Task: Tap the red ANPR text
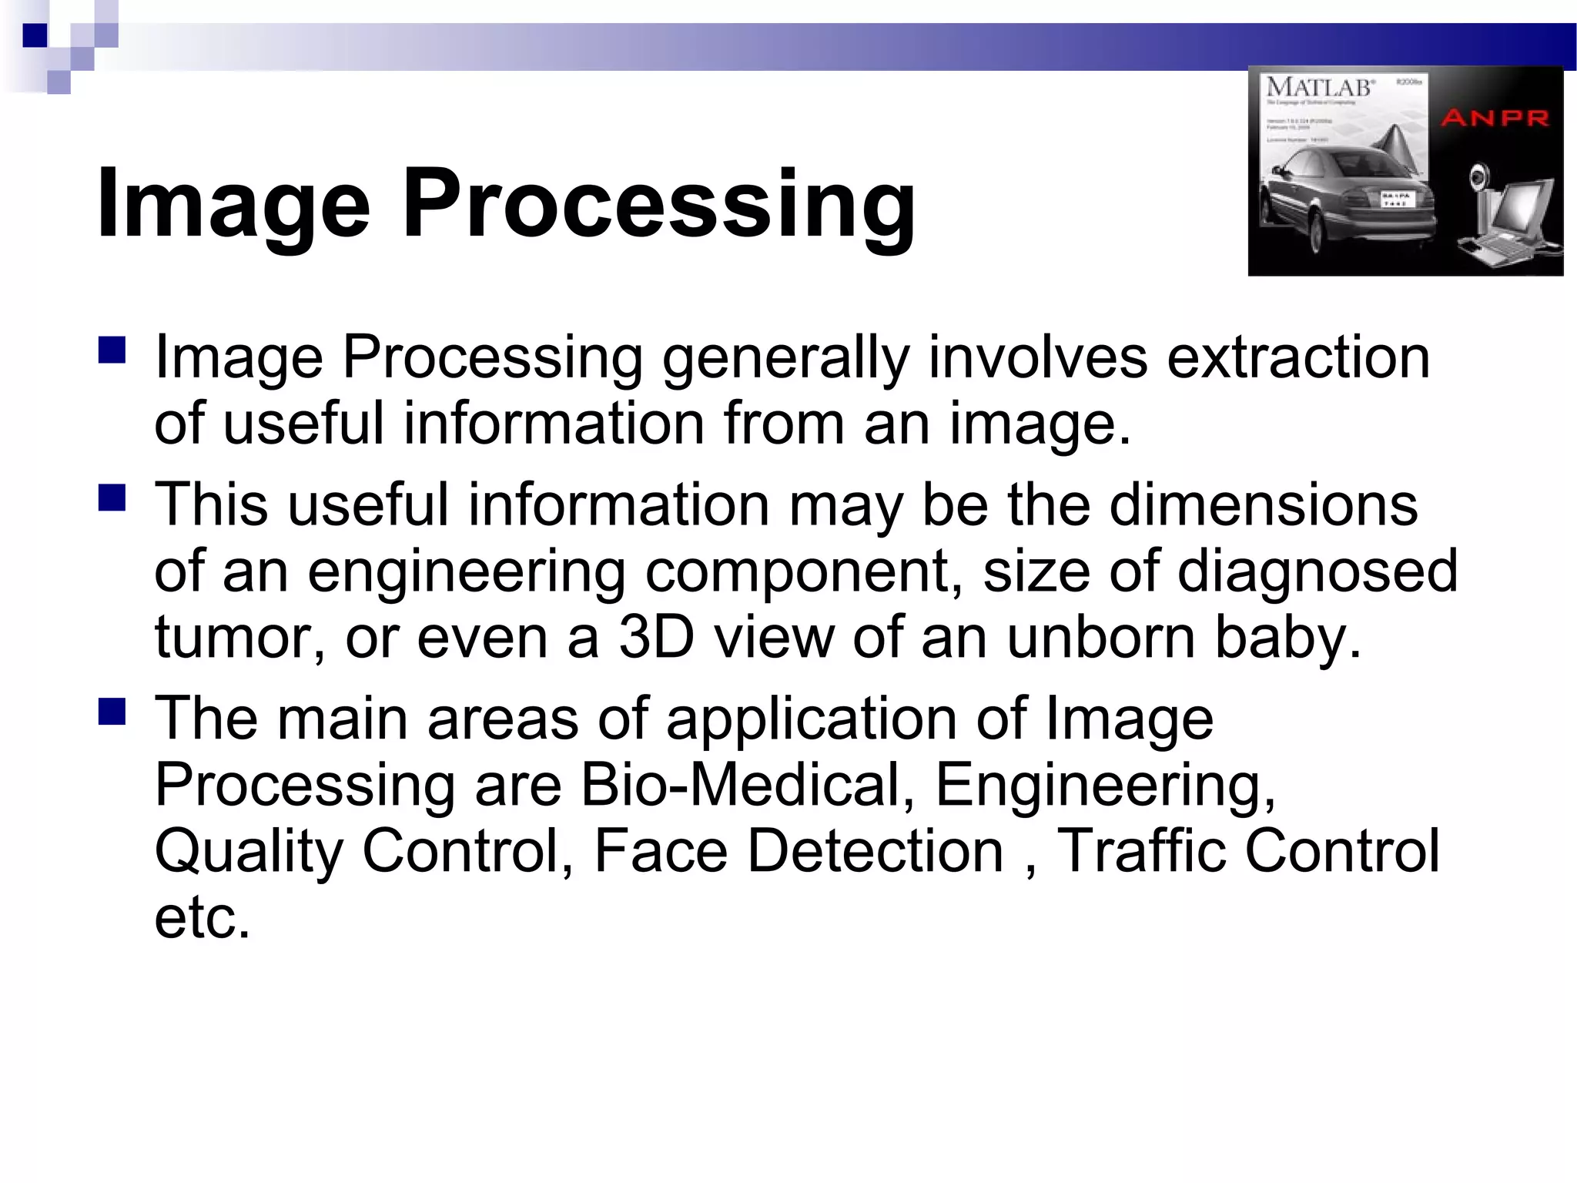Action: click(x=1495, y=118)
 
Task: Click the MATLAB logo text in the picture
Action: click(x=1320, y=87)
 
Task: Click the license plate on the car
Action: click(x=1395, y=199)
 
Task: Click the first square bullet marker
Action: click(x=112, y=350)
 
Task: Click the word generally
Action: click(x=785, y=358)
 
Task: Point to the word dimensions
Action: click(x=1263, y=504)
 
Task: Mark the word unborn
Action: click(x=1101, y=637)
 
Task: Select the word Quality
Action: click(x=248, y=853)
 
